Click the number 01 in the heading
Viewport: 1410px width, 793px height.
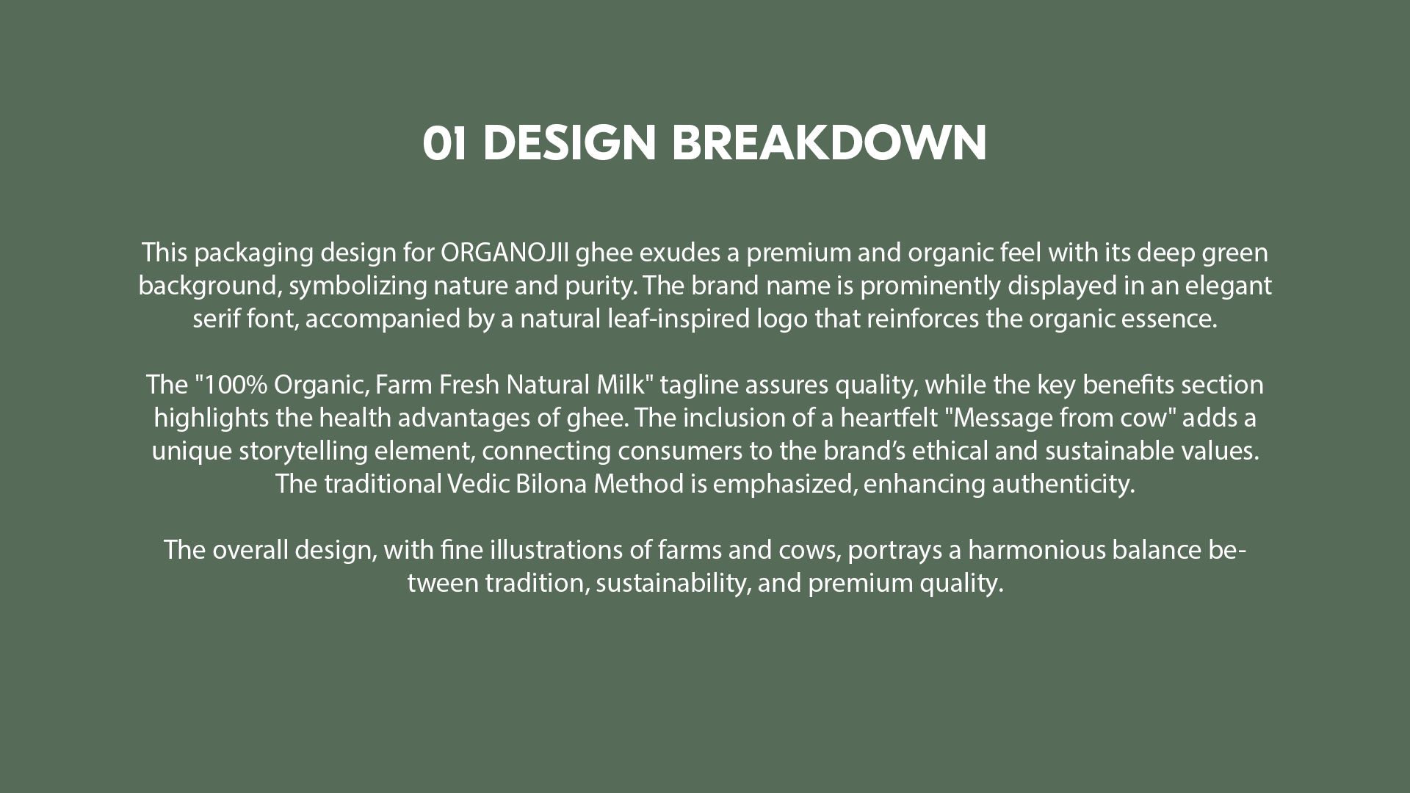tap(444, 142)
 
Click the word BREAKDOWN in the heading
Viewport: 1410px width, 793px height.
tap(829, 142)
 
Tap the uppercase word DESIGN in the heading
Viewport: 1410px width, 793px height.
tap(569, 142)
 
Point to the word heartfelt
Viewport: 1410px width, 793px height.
tap(889, 417)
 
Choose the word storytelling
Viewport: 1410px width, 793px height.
tap(303, 451)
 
